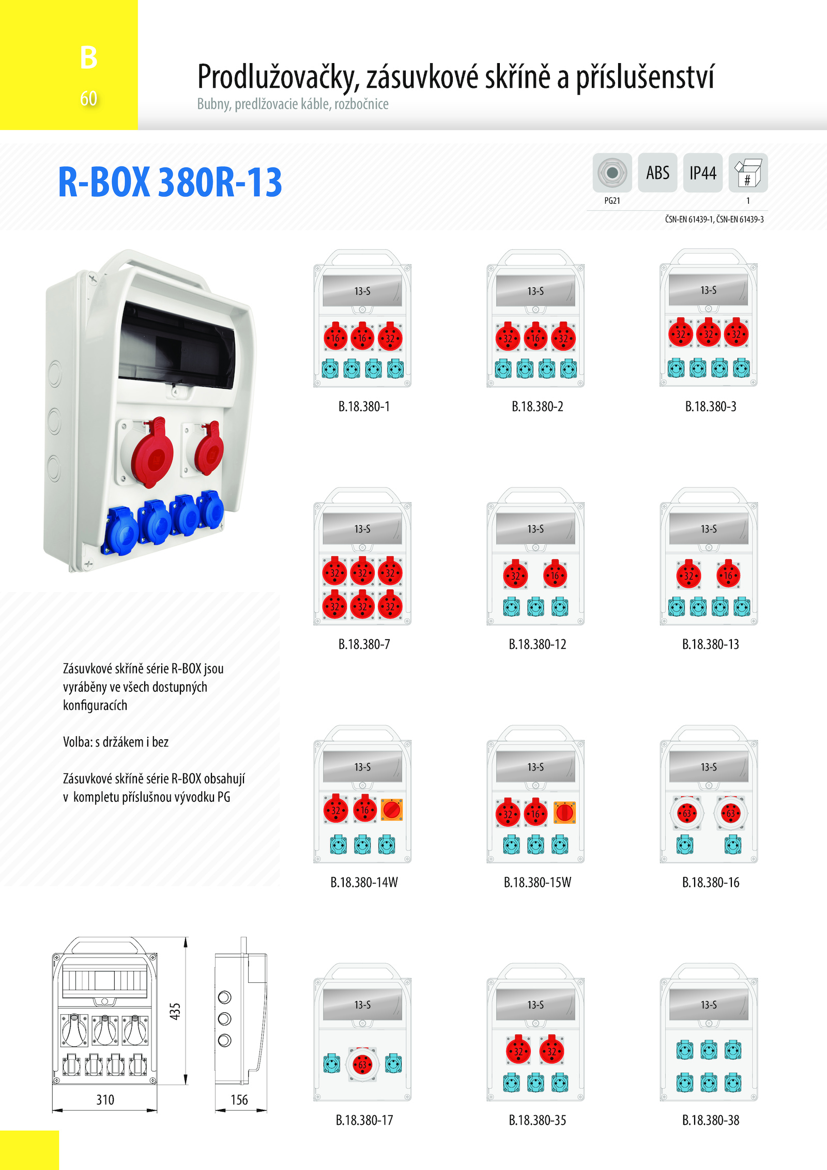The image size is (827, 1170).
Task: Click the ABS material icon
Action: tap(657, 173)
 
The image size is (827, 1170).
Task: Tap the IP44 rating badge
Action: tap(703, 173)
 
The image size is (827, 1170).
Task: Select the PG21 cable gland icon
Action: tap(612, 173)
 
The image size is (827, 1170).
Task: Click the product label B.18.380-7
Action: tap(364, 644)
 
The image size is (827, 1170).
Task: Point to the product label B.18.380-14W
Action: tap(364, 882)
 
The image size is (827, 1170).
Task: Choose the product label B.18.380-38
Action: tap(711, 1120)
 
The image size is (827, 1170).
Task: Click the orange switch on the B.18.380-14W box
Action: tap(392, 810)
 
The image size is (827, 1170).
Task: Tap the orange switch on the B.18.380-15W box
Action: tap(564, 812)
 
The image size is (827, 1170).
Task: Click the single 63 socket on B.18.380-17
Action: tap(362, 1064)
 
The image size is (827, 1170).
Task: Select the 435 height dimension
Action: tap(175, 1011)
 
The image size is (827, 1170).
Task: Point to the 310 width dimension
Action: tap(105, 1100)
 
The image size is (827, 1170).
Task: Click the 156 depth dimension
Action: tap(239, 1100)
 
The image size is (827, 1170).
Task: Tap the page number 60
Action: tap(88, 98)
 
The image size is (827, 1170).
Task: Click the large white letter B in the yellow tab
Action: tap(89, 57)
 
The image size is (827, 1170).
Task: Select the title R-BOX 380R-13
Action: tap(170, 182)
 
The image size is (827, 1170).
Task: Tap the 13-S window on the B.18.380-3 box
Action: tap(709, 290)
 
